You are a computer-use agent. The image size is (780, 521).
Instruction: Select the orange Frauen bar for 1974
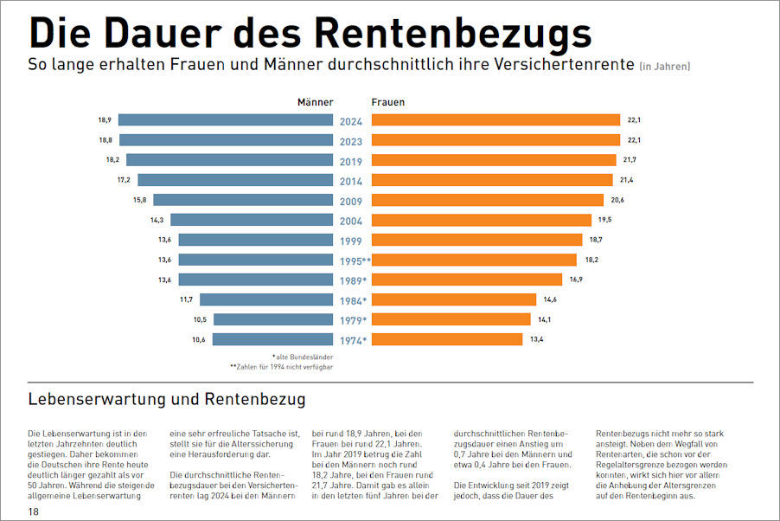pos(447,339)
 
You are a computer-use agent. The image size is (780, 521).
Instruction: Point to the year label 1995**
pos(353,260)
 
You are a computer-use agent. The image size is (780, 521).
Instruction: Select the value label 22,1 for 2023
pos(633,140)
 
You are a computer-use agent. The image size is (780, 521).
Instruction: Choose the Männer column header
pos(315,102)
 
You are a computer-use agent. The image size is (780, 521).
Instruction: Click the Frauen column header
pos(388,102)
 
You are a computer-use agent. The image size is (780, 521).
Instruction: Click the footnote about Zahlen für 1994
pos(282,367)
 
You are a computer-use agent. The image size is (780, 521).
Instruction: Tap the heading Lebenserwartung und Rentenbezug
pos(166,400)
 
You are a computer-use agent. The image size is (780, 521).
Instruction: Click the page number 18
pos(33,512)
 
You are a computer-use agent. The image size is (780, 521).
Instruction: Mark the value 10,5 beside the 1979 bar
pos(200,319)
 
